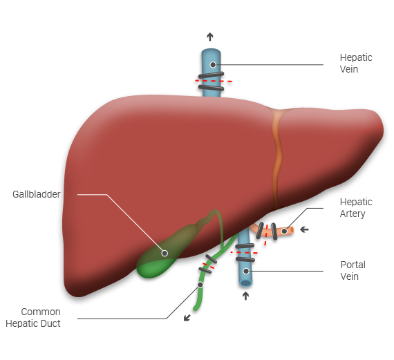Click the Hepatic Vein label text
pos(356,64)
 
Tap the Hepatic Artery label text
pos(356,208)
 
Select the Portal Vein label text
pos(353,271)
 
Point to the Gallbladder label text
pos(37,194)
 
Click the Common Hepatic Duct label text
pos(33,318)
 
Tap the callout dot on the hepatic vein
pos(213,65)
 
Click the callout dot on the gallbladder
pos(165,253)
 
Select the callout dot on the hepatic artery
pos(284,231)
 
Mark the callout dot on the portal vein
pos(246,271)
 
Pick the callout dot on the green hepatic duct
pos(200,285)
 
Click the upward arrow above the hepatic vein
pos(210,37)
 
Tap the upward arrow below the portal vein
pos(245,296)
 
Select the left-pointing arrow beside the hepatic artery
pos(304,229)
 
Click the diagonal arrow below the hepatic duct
pos(187,318)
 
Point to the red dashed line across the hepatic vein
pos(214,81)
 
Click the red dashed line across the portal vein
pos(244,252)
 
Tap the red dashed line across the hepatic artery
pos(266,235)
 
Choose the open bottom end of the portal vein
pos(246,283)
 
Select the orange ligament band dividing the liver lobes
pos(277,158)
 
